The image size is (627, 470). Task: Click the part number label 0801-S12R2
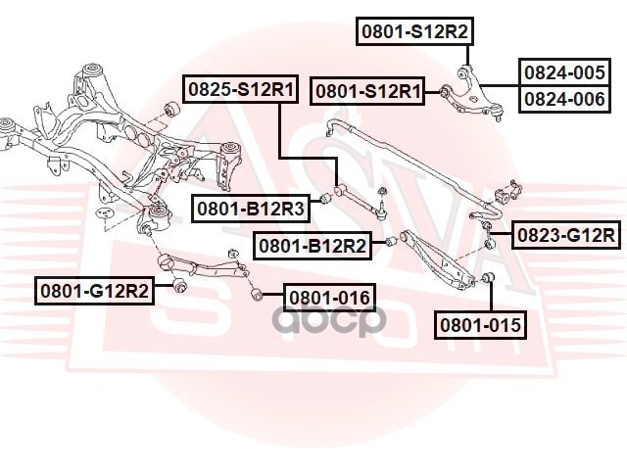tap(413, 31)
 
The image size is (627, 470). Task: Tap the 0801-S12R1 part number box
tap(367, 92)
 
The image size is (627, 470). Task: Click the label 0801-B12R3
tap(250, 207)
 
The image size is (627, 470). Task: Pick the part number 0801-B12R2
tap(312, 246)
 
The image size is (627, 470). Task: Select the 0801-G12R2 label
tap(95, 290)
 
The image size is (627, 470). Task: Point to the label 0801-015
tap(481, 325)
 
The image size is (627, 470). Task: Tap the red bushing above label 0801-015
tap(491, 281)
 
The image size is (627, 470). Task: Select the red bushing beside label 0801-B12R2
tap(389, 242)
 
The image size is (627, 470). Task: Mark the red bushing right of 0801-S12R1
tap(444, 91)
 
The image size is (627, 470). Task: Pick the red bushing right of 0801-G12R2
tap(179, 285)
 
